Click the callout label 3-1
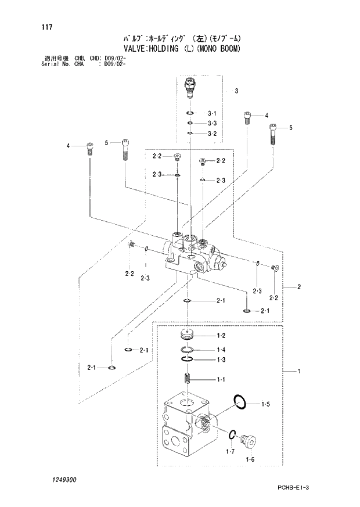point(211,113)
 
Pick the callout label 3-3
point(211,123)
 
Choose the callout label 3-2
point(211,134)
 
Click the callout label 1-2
point(221,336)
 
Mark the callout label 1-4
point(221,350)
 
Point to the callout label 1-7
point(229,451)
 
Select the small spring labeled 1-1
point(186,379)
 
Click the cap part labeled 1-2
point(186,335)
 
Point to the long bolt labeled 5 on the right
point(272,134)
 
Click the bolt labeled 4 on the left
point(89,148)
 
